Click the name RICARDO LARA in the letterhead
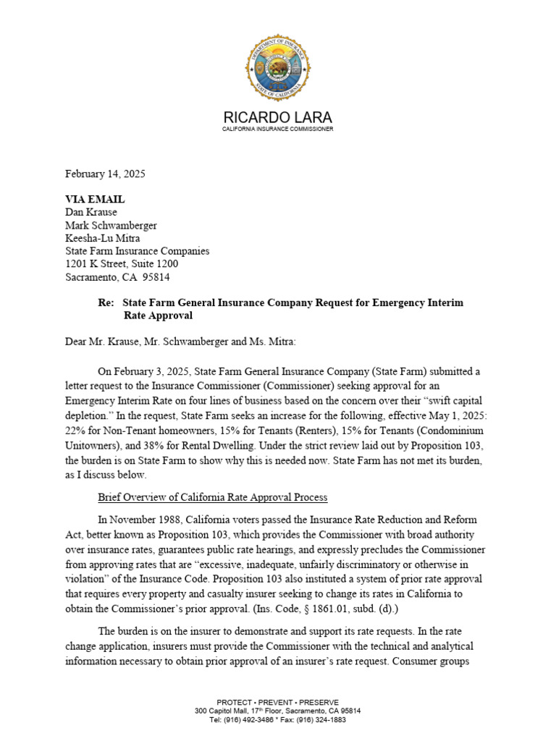tap(278, 118)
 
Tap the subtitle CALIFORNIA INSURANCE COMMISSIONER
tap(278, 129)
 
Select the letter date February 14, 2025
tap(105, 174)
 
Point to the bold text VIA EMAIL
tap(95, 199)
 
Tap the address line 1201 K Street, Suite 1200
tap(122, 264)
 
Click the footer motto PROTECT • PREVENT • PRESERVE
tap(278, 702)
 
